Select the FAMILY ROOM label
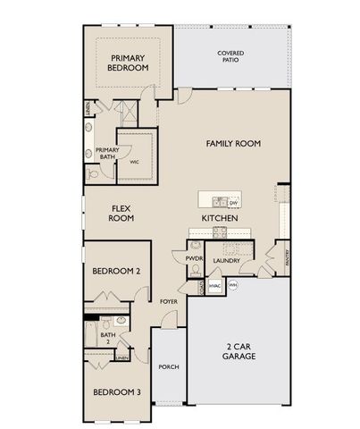pos(232,143)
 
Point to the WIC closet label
pos(134,163)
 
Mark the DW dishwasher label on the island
pos(232,202)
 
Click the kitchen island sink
pos(218,202)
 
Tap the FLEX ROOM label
pos(121,212)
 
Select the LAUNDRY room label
pos(229,261)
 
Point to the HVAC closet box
pos(214,285)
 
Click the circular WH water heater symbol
pos(234,285)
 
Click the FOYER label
pos(169,302)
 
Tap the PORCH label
pos(168,366)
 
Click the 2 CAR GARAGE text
pos(239,350)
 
